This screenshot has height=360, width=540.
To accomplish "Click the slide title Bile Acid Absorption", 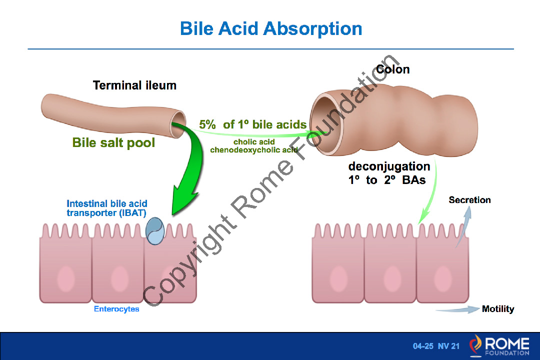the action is (x=271, y=28).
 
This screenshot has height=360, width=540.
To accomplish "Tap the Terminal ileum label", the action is (x=134, y=85).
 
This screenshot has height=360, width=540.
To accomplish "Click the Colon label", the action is (x=392, y=69).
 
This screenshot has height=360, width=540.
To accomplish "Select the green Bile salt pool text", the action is (x=113, y=142).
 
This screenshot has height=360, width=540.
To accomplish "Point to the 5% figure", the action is (x=207, y=124).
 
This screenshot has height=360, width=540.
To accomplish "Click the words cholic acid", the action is (x=254, y=142).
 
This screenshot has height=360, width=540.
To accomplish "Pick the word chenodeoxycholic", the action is (x=245, y=150).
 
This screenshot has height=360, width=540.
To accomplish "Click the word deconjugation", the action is (x=389, y=166).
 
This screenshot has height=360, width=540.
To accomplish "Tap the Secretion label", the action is (x=469, y=200).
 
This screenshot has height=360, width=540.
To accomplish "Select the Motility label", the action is (x=498, y=309).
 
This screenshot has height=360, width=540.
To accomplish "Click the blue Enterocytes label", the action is (x=116, y=309).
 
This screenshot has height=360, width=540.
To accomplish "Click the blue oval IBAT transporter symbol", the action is (x=155, y=231).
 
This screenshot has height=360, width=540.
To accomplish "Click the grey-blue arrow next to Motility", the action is (x=458, y=309).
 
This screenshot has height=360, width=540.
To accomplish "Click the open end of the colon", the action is (x=325, y=124).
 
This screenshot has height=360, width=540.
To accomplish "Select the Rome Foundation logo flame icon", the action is (x=475, y=345).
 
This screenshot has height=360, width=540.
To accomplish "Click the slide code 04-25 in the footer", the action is (x=423, y=346).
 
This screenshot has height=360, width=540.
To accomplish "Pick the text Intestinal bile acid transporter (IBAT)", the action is (x=107, y=208).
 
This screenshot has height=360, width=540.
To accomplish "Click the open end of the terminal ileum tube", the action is (x=178, y=124).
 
